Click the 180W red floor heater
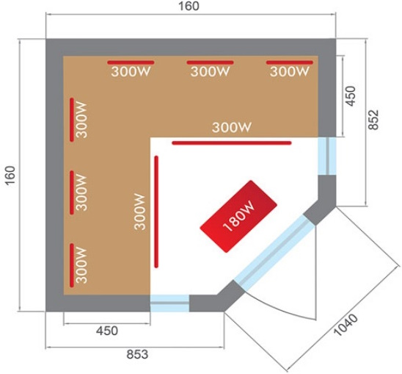point(238,217)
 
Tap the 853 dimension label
point(137,354)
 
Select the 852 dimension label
point(373,120)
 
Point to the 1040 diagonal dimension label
point(346,325)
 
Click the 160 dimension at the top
point(189,6)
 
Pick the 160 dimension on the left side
point(10,176)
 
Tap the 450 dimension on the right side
point(351,96)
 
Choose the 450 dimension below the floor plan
point(107,331)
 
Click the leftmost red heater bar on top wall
point(131,62)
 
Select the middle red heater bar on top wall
point(211,62)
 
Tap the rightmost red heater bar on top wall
point(290,62)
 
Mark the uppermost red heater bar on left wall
point(72,120)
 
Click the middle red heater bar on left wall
point(72,193)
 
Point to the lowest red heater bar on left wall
point(72,265)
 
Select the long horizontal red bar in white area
point(232,143)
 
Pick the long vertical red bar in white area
point(156,212)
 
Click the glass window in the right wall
point(327,157)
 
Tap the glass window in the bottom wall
point(169,303)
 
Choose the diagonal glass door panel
point(274,252)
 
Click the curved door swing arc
point(282,309)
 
